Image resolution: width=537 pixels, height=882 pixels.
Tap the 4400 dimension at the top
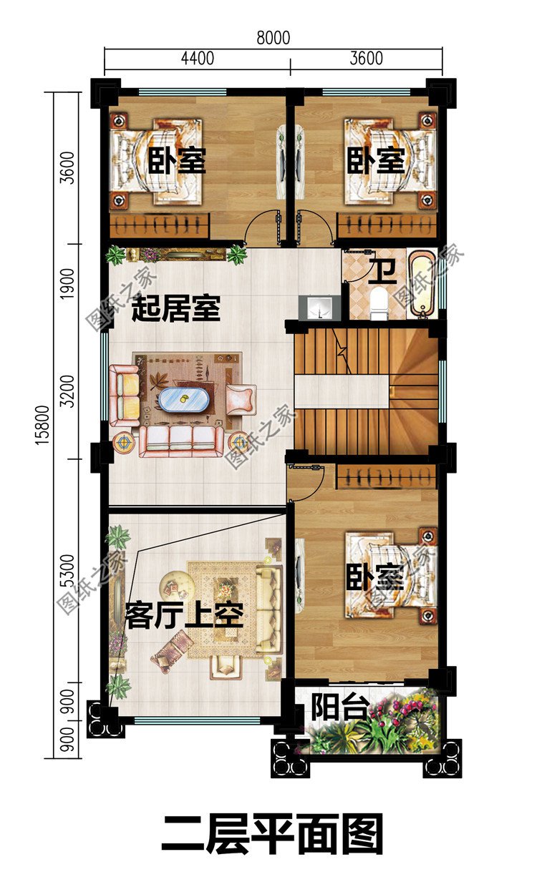click(197, 58)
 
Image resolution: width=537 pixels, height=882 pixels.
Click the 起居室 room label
click(176, 310)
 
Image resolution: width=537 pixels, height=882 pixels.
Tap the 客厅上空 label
click(185, 614)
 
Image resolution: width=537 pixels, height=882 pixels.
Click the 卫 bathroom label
click(380, 271)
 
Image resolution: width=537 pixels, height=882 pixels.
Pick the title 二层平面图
click(272, 834)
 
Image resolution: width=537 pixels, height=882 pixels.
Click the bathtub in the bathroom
click(421, 283)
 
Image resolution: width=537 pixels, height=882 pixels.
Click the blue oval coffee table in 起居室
click(185, 400)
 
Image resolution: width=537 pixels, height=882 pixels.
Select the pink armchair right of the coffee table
click(241, 399)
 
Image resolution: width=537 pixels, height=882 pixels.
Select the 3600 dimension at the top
click(366, 58)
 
